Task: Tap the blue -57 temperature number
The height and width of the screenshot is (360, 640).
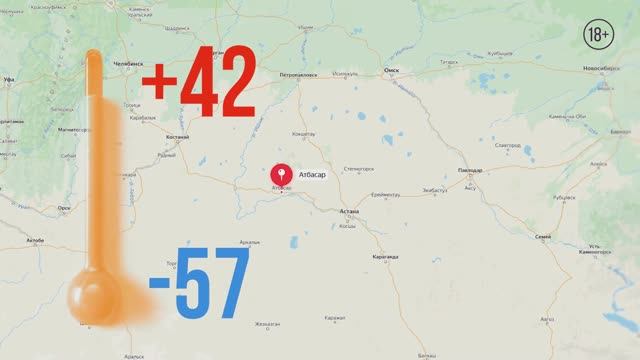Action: coord(199,285)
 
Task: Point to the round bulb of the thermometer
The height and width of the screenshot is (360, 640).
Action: coord(95,297)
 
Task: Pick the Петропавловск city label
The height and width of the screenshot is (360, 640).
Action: coord(297,75)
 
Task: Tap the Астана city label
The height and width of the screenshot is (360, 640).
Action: coord(349,212)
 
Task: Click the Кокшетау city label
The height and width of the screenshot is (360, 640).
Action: coord(303,133)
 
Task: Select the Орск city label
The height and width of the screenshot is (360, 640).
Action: coord(64,208)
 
